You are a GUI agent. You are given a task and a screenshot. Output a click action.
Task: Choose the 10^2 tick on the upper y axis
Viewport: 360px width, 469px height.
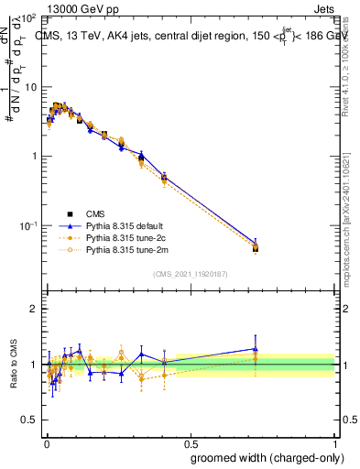[x=30, y=18]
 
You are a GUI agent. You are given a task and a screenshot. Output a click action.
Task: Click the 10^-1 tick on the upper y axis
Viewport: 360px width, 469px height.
[x=30, y=225]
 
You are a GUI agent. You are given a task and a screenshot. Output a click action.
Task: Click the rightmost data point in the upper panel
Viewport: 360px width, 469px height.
[x=256, y=247]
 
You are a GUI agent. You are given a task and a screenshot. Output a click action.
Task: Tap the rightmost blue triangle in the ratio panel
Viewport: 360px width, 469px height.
[x=256, y=349]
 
